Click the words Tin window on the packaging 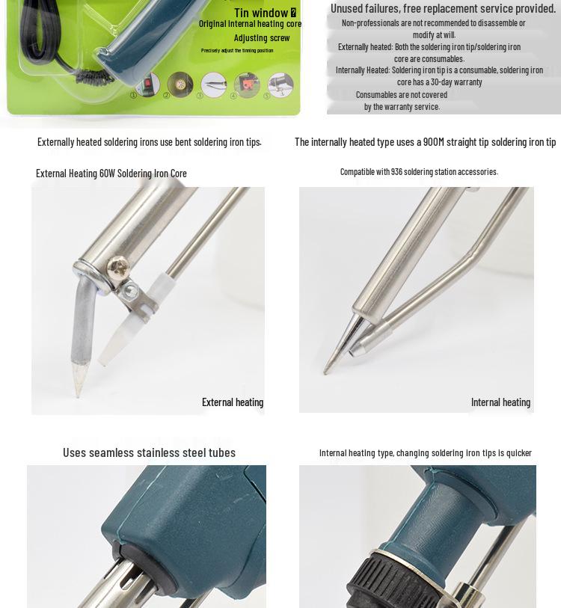coord(261,13)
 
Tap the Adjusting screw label coord(262,37)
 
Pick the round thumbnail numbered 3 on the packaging coord(214,84)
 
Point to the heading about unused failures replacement coord(443,8)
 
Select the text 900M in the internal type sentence coord(434,141)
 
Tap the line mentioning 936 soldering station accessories coord(419,171)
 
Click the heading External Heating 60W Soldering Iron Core coord(111,173)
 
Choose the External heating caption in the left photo coord(233,402)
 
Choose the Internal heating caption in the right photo coord(500,402)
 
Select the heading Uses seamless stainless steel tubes coord(149,452)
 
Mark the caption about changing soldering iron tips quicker coord(425,452)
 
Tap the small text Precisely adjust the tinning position coord(237,51)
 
